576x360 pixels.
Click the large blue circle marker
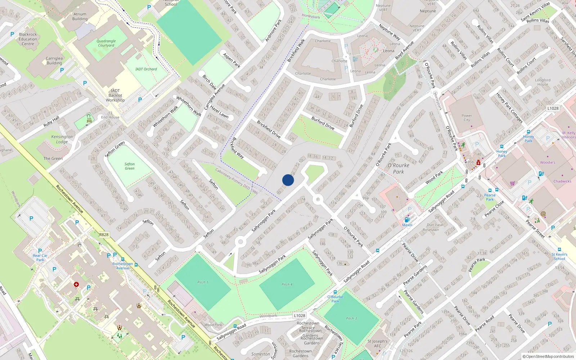coord(288,180)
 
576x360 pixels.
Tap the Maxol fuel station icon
coord(407,220)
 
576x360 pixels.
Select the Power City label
coord(467,118)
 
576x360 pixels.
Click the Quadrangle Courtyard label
coord(106,43)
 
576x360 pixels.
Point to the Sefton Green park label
coord(130,166)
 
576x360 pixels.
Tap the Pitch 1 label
coord(203,282)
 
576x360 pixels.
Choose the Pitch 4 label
coord(287,284)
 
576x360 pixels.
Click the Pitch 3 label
coord(351,318)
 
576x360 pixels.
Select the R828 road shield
coord(104,235)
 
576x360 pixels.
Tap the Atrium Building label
coord(80,17)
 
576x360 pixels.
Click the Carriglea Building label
coord(54,60)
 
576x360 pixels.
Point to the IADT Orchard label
coord(146,69)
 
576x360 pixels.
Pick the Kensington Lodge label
coord(62,139)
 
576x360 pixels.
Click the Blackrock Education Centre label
coord(28,39)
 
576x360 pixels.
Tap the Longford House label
coord(543,82)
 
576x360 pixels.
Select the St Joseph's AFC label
coord(378,343)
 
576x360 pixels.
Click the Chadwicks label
coord(562,181)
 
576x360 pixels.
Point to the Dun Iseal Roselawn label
coord(435,227)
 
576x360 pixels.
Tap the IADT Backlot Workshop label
coord(115,95)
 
